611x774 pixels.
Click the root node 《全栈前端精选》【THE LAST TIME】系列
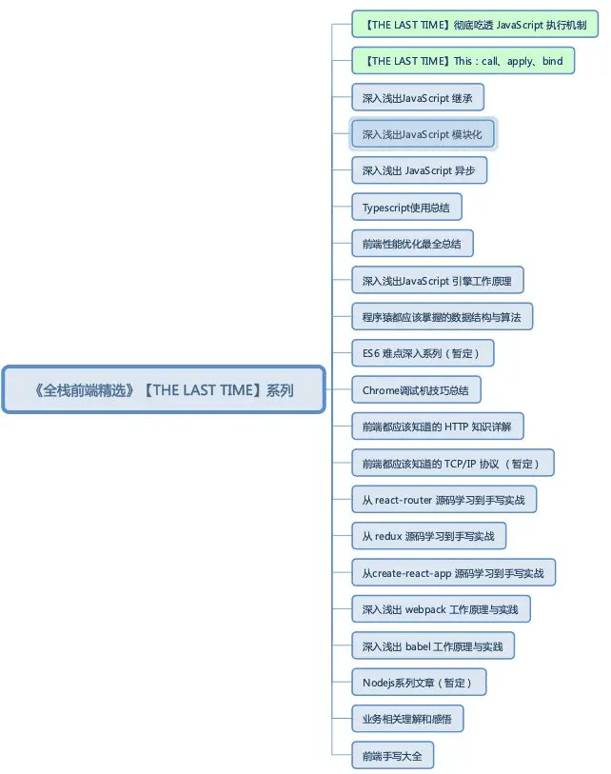tap(164, 389)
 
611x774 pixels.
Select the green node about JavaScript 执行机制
tap(475, 24)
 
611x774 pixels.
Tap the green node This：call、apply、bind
tap(463, 61)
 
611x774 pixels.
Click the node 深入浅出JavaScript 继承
tap(418, 98)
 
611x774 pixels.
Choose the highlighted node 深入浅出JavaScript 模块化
tap(423, 134)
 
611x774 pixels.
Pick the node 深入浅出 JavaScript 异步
tap(419, 170)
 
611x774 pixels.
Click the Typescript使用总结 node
tap(406, 207)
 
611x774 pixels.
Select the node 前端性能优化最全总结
tap(412, 244)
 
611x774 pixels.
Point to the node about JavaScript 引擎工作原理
tap(437, 281)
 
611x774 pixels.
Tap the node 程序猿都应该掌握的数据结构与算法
tap(442, 317)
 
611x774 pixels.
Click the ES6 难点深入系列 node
tap(423, 353)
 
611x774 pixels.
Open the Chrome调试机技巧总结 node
tap(416, 390)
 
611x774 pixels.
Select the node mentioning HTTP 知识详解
tap(437, 427)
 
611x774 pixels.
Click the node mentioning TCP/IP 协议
tap(453, 463)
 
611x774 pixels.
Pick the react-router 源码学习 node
tap(443, 500)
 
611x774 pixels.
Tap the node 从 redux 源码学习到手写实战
tap(428, 536)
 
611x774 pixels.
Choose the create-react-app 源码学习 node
tap(453, 572)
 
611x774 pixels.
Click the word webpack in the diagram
tap(425, 610)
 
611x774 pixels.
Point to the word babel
tap(418, 646)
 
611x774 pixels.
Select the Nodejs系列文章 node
tap(419, 683)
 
